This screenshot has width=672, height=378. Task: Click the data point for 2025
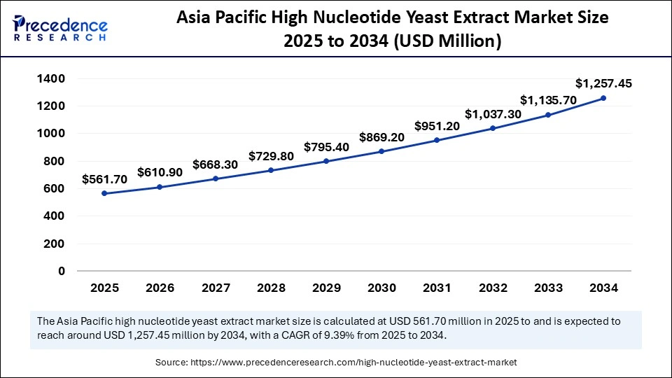click(x=104, y=193)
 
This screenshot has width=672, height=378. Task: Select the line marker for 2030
click(x=381, y=151)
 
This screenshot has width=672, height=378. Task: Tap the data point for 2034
click(x=603, y=98)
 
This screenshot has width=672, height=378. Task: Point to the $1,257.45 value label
click(x=603, y=83)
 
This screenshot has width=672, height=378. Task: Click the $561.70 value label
click(x=104, y=179)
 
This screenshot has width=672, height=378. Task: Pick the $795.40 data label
click(x=326, y=148)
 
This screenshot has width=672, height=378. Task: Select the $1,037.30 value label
click(x=492, y=114)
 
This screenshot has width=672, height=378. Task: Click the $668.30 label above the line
click(x=216, y=165)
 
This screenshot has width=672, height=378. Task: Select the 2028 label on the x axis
click(x=271, y=288)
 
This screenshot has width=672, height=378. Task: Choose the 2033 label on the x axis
click(x=548, y=288)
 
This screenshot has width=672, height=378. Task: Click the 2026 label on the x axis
click(x=160, y=288)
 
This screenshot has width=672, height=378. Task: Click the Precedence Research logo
click(x=60, y=28)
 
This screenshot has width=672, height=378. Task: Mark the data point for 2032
click(x=493, y=128)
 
